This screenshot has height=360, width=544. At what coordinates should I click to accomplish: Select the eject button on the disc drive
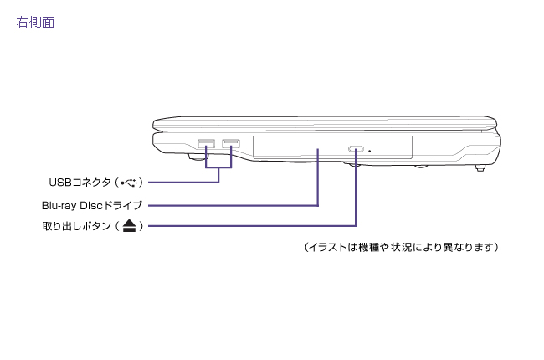[357, 150]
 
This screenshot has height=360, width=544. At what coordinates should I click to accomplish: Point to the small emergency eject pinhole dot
[371, 151]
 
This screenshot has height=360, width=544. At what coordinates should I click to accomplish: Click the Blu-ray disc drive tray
[318, 147]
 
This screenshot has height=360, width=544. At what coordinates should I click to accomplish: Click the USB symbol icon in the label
[131, 182]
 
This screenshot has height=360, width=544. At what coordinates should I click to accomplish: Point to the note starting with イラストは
[402, 248]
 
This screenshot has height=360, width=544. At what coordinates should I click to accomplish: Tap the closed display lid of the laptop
[326, 122]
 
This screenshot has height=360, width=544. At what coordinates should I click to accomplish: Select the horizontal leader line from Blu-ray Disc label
[234, 204]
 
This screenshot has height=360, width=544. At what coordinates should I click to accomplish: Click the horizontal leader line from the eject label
[251, 225]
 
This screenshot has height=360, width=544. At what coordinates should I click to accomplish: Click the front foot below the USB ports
[198, 156]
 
